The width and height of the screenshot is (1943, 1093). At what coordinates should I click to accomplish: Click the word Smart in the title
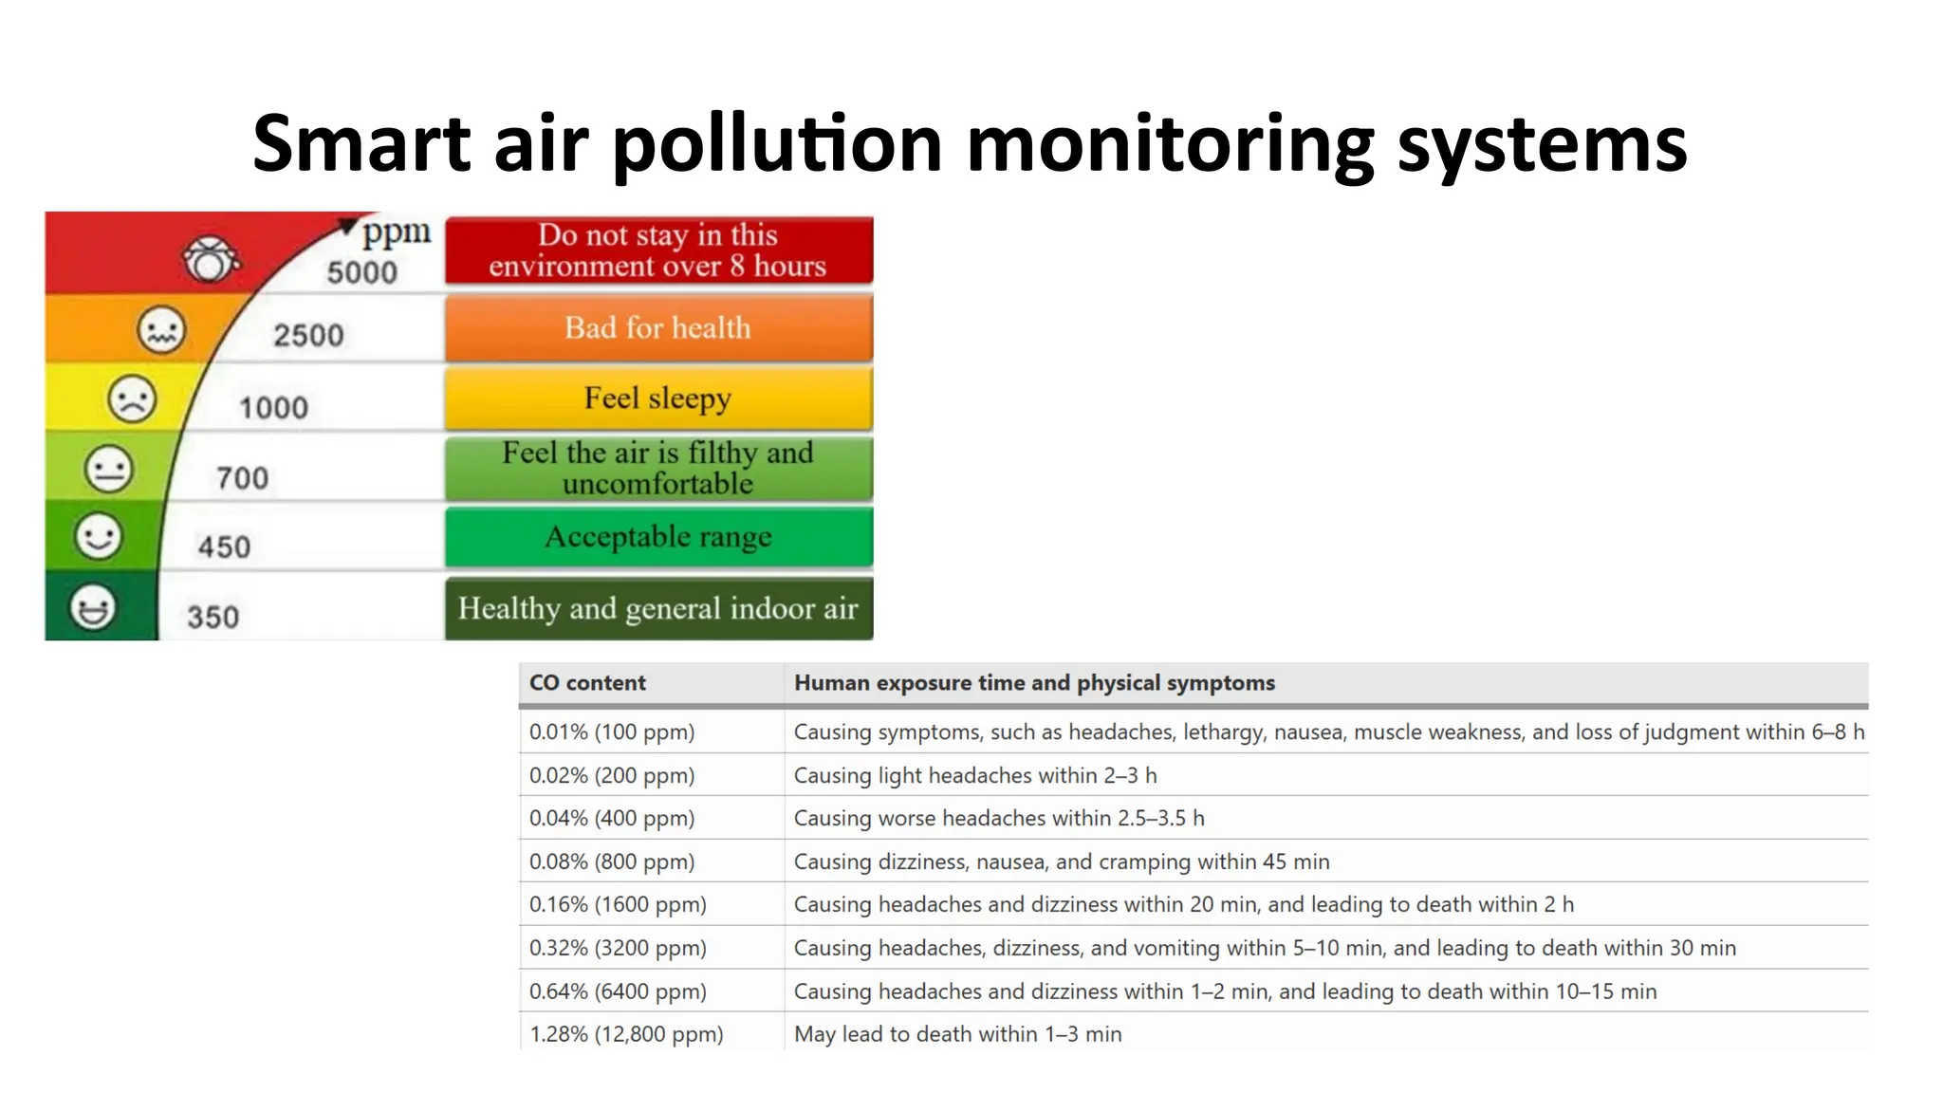point(361,144)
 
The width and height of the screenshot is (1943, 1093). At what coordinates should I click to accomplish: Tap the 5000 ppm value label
point(361,272)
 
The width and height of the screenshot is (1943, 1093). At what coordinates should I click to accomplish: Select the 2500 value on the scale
point(308,335)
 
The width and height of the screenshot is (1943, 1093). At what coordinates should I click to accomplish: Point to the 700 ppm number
point(242,477)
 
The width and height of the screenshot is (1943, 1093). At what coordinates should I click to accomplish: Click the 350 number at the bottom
point(213,618)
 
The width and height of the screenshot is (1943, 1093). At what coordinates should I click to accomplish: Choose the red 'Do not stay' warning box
point(658,250)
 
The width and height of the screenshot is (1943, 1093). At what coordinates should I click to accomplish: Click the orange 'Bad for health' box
point(658,328)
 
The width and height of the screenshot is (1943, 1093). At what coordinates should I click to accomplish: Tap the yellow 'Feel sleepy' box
point(658,398)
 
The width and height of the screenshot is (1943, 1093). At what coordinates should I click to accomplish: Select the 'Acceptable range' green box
point(658,537)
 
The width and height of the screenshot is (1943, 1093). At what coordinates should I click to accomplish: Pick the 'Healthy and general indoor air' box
point(658,608)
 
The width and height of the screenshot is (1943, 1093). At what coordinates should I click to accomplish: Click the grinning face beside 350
point(93,607)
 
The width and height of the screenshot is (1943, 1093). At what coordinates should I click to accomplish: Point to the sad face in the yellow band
point(131,398)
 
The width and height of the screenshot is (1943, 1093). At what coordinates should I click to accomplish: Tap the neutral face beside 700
point(108,469)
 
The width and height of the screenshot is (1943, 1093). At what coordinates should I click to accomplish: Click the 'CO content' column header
point(587,683)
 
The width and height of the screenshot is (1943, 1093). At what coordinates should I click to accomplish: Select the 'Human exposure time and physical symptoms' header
point(1034,683)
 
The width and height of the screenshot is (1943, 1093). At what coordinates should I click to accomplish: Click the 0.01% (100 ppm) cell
point(612,732)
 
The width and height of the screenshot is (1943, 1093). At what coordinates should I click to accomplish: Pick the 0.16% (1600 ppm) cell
point(618,905)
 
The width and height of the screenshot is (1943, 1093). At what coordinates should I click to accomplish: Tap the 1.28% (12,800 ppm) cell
point(626,1034)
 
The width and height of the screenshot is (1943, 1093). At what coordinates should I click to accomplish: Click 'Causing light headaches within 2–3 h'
point(975,776)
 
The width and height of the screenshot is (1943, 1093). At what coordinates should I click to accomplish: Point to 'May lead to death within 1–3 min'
point(957,1034)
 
